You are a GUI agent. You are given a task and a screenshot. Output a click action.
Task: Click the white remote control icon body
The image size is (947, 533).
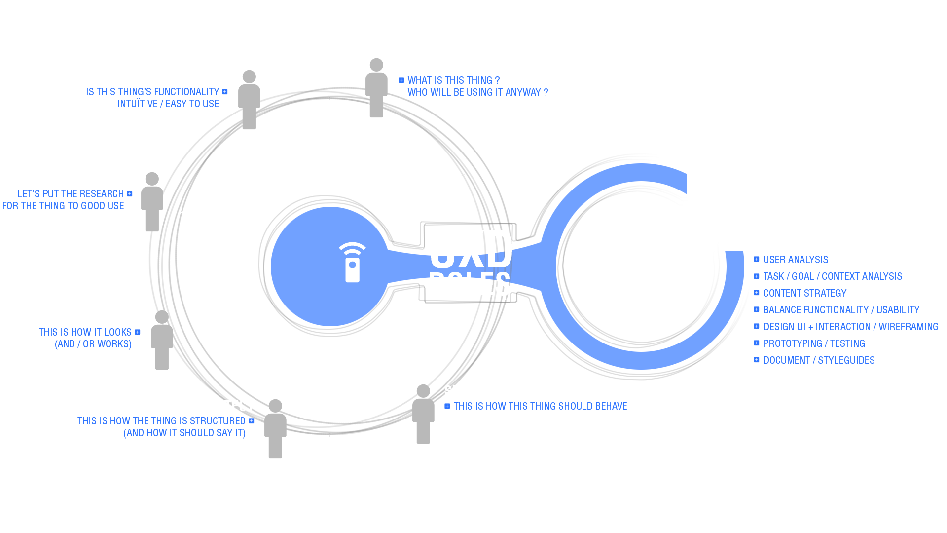(352, 270)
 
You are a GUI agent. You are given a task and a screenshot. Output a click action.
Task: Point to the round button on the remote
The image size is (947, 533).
(353, 265)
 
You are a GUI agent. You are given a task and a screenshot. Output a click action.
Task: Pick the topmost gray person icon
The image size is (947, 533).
(376, 89)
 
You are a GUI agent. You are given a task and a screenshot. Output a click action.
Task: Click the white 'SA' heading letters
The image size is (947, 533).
(448, 390)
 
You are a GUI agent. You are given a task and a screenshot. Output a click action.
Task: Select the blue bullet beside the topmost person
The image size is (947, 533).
(401, 80)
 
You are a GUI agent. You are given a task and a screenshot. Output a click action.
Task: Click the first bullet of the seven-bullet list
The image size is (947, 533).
(757, 259)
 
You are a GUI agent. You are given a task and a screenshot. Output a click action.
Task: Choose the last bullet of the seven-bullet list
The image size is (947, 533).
(757, 360)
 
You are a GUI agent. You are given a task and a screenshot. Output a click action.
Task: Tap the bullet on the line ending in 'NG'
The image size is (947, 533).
(757, 326)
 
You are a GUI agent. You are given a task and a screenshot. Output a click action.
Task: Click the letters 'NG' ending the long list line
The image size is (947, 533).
(934, 327)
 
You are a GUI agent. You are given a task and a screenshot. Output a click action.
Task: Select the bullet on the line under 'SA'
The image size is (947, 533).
(447, 406)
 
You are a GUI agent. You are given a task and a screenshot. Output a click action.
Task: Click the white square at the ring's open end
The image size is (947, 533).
(722, 193)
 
